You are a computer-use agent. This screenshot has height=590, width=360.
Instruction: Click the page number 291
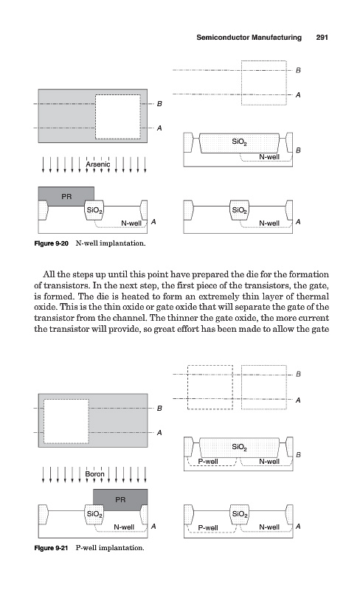tap(322, 38)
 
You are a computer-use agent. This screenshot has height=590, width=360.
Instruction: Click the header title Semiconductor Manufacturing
tap(249, 38)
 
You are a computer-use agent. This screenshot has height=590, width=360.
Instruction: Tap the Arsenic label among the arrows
tap(98, 164)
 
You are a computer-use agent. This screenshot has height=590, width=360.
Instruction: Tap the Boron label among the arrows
tap(94, 474)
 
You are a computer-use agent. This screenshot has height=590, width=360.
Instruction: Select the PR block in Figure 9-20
tap(66, 196)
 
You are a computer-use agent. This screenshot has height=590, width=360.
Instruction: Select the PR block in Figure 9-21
tap(120, 500)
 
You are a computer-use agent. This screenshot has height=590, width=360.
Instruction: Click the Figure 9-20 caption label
tap(51, 243)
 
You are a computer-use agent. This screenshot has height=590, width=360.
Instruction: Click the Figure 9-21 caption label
tap(51, 548)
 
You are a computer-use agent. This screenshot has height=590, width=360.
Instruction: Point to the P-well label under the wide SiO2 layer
tap(208, 462)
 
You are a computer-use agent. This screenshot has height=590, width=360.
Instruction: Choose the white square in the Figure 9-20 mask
tap(118, 117)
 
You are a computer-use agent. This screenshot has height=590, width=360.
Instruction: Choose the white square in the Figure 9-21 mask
tap(66, 421)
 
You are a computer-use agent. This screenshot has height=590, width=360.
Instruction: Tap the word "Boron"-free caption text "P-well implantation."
tap(110, 548)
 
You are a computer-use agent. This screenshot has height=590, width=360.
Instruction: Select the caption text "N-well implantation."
tap(111, 243)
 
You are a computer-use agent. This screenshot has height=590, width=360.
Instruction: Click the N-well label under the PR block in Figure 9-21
tap(124, 527)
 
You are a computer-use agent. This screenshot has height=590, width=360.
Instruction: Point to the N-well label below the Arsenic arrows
tap(131, 223)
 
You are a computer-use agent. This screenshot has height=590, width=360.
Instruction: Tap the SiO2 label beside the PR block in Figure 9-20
tap(94, 210)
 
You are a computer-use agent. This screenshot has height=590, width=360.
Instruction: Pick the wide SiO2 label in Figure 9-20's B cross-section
tap(239, 142)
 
